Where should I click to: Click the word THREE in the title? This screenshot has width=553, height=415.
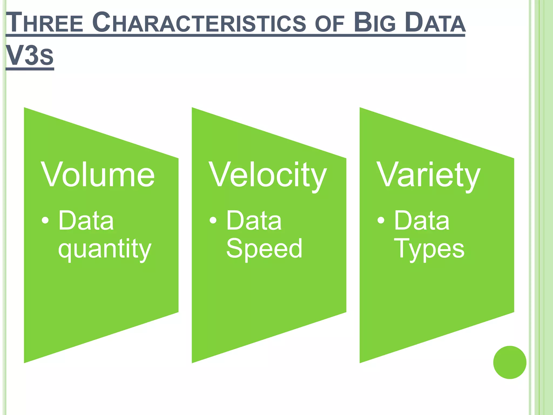tap(45, 23)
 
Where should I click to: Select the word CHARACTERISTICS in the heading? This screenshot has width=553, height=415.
tap(199, 23)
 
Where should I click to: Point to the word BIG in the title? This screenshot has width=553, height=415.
tap(375, 23)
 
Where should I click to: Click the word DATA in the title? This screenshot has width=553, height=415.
tap(435, 23)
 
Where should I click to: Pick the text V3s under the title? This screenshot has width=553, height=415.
tap(30, 56)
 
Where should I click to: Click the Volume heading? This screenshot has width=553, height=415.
tap(98, 175)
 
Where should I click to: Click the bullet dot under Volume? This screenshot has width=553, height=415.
tap(45, 220)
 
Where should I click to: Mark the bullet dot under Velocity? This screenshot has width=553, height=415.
tap(213, 220)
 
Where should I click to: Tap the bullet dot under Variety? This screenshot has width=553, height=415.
tap(381, 220)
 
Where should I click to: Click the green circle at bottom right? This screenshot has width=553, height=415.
tap(510, 362)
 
